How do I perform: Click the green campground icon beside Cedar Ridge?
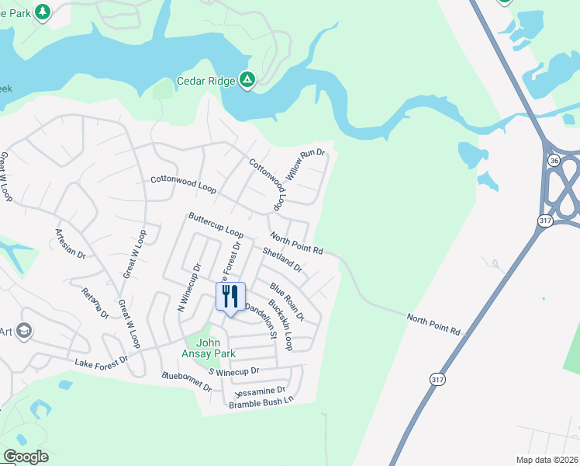(x=247, y=80)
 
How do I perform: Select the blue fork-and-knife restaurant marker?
(x=230, y=297)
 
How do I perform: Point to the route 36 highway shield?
(x=553, y=160)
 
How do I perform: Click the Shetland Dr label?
(x=282, y=259)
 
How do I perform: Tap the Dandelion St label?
(x=261, y=320)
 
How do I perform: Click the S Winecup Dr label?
(x=233, y=371)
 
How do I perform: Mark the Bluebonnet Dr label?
(x=186, y=381)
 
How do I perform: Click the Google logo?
(x=26, y=457)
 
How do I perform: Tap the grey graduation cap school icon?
(x=23, y=332)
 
